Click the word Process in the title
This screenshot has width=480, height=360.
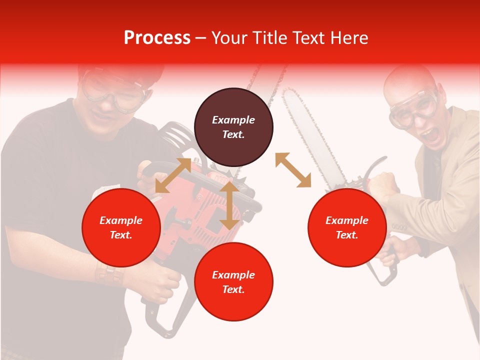[157, 38]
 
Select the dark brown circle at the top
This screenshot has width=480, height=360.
[233, 127]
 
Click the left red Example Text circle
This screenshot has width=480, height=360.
[121, 227]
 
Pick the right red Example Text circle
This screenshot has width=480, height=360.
[347, 227]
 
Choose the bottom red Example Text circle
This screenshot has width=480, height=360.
[233, 281]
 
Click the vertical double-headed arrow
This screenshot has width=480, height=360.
[229, 205]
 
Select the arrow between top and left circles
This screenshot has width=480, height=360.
[173, 175]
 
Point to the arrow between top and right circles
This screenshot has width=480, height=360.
[293, 170]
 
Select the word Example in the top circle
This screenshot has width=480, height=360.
[233, 120]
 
